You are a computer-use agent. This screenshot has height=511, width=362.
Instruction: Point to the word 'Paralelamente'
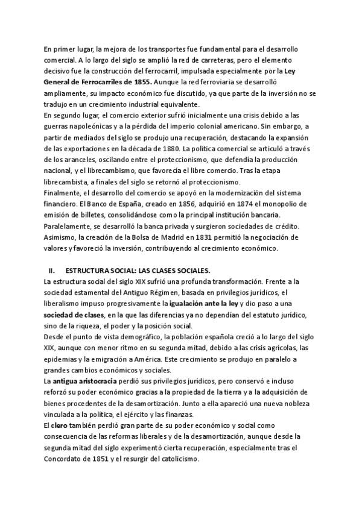tap(69, 226)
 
